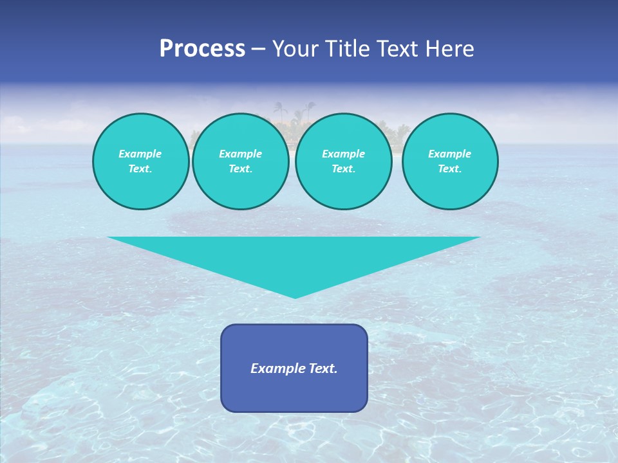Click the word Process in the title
pyautogui.click(x=202, y=49)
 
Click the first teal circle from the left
pyautogui.click(x=140, y=161)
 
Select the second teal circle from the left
pyautogui.click(x=240, y=161)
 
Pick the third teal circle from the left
pyautogui.click(x=343, y=161)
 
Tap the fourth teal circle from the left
pyautogui.click(x=449, y=161)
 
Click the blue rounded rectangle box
pyautogui.click(x=294, y=368)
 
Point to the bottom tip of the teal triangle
pyautogui.click(x=295, y=298)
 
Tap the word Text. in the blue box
pyautogui.click(x=323, y=368)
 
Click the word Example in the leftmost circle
pyautogui.click(x=140, y=154)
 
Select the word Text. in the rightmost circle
pyautogui.click(x=449, y=168)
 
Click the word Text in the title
pyautogui.click(x=400, y=49)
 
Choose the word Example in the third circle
pyautogui.click(x=343, y=154)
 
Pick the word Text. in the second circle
pyautogui.click(x=240, y=168)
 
